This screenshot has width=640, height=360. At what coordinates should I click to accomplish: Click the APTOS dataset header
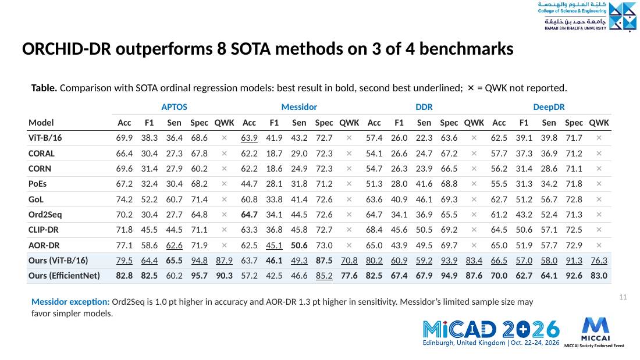175,107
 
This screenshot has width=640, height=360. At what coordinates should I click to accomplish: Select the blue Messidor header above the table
299,107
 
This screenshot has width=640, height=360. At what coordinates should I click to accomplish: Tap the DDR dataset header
424,107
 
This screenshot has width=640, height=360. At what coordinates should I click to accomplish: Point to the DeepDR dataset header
549,107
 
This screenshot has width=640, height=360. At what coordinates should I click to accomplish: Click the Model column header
41,123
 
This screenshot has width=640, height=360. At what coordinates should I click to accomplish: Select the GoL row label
36,199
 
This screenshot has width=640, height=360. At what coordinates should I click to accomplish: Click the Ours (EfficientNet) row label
64,276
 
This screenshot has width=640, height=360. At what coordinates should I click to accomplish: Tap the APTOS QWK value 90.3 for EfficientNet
224,276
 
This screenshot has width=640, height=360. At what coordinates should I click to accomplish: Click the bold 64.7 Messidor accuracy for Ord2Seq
249,214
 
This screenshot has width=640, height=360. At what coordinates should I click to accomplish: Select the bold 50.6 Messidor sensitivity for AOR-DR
299,245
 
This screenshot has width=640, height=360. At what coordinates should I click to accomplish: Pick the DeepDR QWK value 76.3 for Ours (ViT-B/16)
599,261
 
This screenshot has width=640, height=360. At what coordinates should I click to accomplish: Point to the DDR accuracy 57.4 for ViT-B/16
374,138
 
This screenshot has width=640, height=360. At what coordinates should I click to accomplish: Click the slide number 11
623,297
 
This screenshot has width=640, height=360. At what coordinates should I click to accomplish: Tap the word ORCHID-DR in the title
66,49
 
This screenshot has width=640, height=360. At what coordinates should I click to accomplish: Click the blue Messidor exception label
70,302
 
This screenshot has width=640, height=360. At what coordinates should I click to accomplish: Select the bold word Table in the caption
44,88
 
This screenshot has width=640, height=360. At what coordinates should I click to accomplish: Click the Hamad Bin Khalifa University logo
586,16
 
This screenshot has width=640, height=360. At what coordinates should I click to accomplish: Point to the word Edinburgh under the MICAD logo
438,343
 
